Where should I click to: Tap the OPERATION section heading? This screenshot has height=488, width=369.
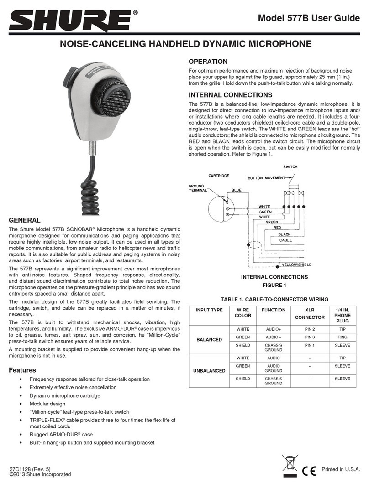pos(208,61)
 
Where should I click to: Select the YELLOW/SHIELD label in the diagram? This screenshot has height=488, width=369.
pos(296,265)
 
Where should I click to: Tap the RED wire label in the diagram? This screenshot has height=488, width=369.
pos(277,227)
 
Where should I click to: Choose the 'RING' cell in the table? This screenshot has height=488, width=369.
pos(342,337)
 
